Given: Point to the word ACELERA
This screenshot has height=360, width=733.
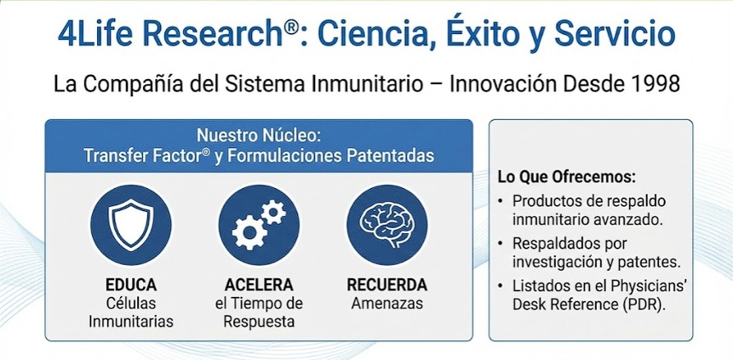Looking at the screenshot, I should click(259, 284).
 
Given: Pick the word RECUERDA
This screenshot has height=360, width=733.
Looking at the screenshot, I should click(387, 284).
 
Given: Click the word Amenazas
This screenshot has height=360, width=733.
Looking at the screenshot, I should click(387, 303).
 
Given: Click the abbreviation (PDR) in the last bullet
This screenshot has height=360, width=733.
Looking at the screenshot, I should click(642, 301).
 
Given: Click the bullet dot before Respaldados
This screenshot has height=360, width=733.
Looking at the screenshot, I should click(501, 243).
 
